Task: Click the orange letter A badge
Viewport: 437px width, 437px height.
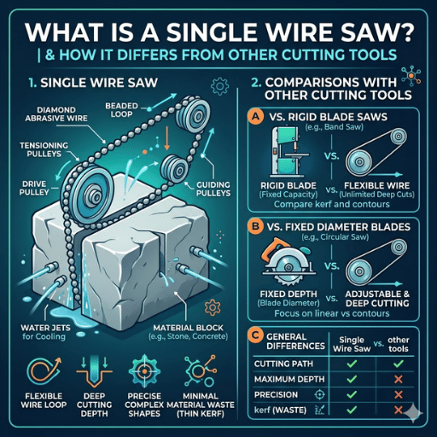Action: point(256,117)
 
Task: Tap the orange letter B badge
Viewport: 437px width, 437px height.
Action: point(255,227)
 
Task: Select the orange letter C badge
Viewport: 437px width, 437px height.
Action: point(255,336)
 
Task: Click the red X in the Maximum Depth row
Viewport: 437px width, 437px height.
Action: point(399,379)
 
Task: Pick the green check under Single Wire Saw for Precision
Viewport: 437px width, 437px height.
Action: point(352,394)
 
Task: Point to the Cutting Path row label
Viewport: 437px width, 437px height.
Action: point(283,364)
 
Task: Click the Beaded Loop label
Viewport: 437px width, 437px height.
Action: point(121,110)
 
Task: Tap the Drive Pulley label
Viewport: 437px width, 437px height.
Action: point(34,188)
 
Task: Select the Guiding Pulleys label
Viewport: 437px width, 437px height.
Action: point(213,189)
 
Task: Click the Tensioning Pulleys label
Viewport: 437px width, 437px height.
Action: point(44,149)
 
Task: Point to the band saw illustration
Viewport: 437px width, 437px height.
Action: point(288,151)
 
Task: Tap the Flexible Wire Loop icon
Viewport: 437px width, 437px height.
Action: point(44,370)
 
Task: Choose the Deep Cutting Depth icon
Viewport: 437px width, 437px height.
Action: point(94,372)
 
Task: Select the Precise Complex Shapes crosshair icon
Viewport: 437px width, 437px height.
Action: point(144,371)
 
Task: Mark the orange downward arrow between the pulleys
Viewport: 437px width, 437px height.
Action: point(167,138)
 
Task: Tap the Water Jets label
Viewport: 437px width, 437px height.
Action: point(45,332)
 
